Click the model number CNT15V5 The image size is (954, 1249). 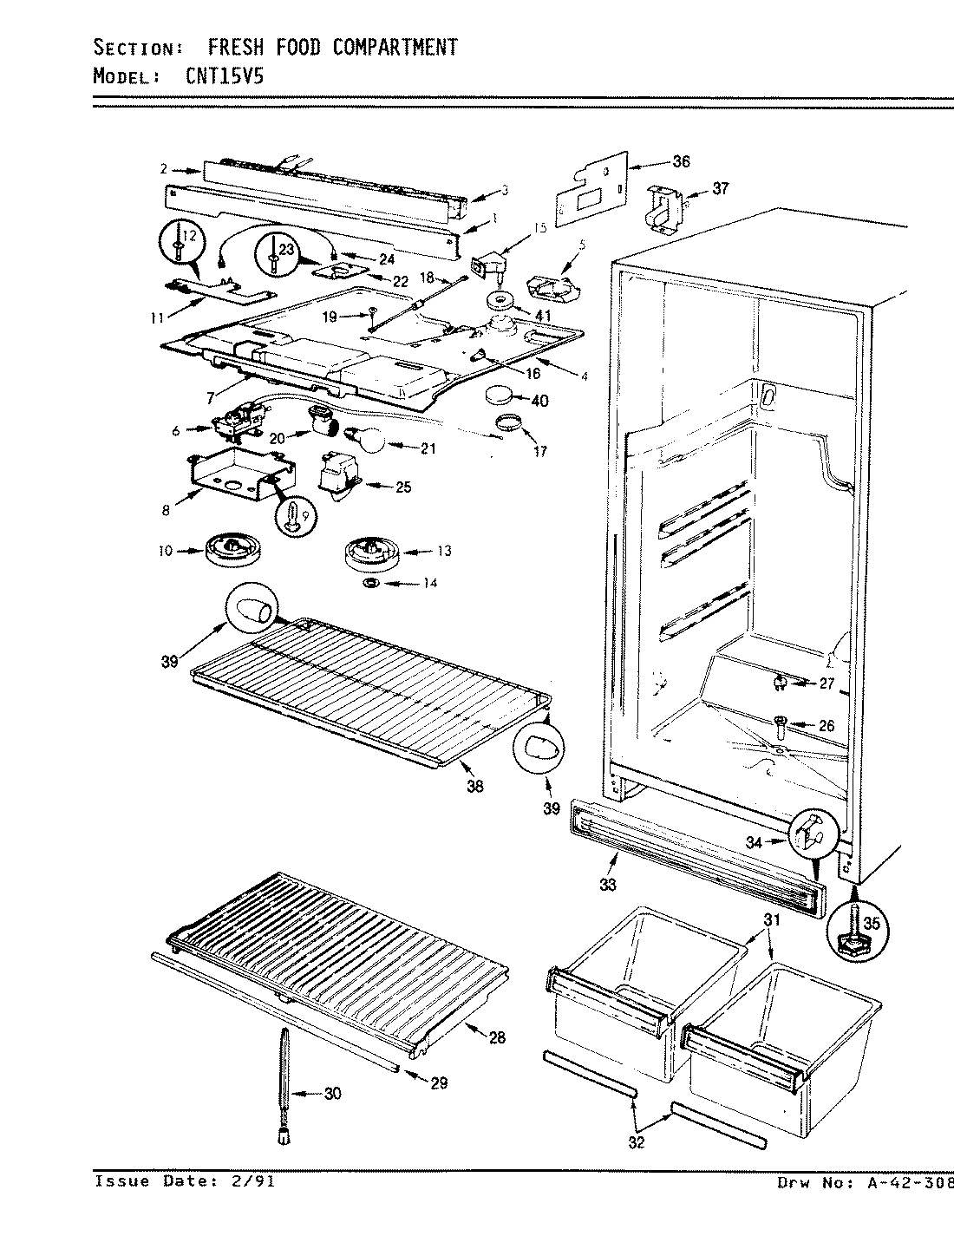pyautogui.click(x=225, y=75)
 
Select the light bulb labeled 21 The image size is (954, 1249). pyautogui.click(x=367, y=441)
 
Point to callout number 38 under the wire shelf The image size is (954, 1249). pyautogui.click(x=474, y=787)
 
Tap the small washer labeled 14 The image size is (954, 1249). pyautogui.click(x=369, y=583)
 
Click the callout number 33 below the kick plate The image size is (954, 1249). pyautogui.click(x=607, y=884)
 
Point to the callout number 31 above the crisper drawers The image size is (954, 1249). pyautogui.click(x=772, y=920)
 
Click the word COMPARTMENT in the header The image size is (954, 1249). pyautogui.click(x=394, y=47)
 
